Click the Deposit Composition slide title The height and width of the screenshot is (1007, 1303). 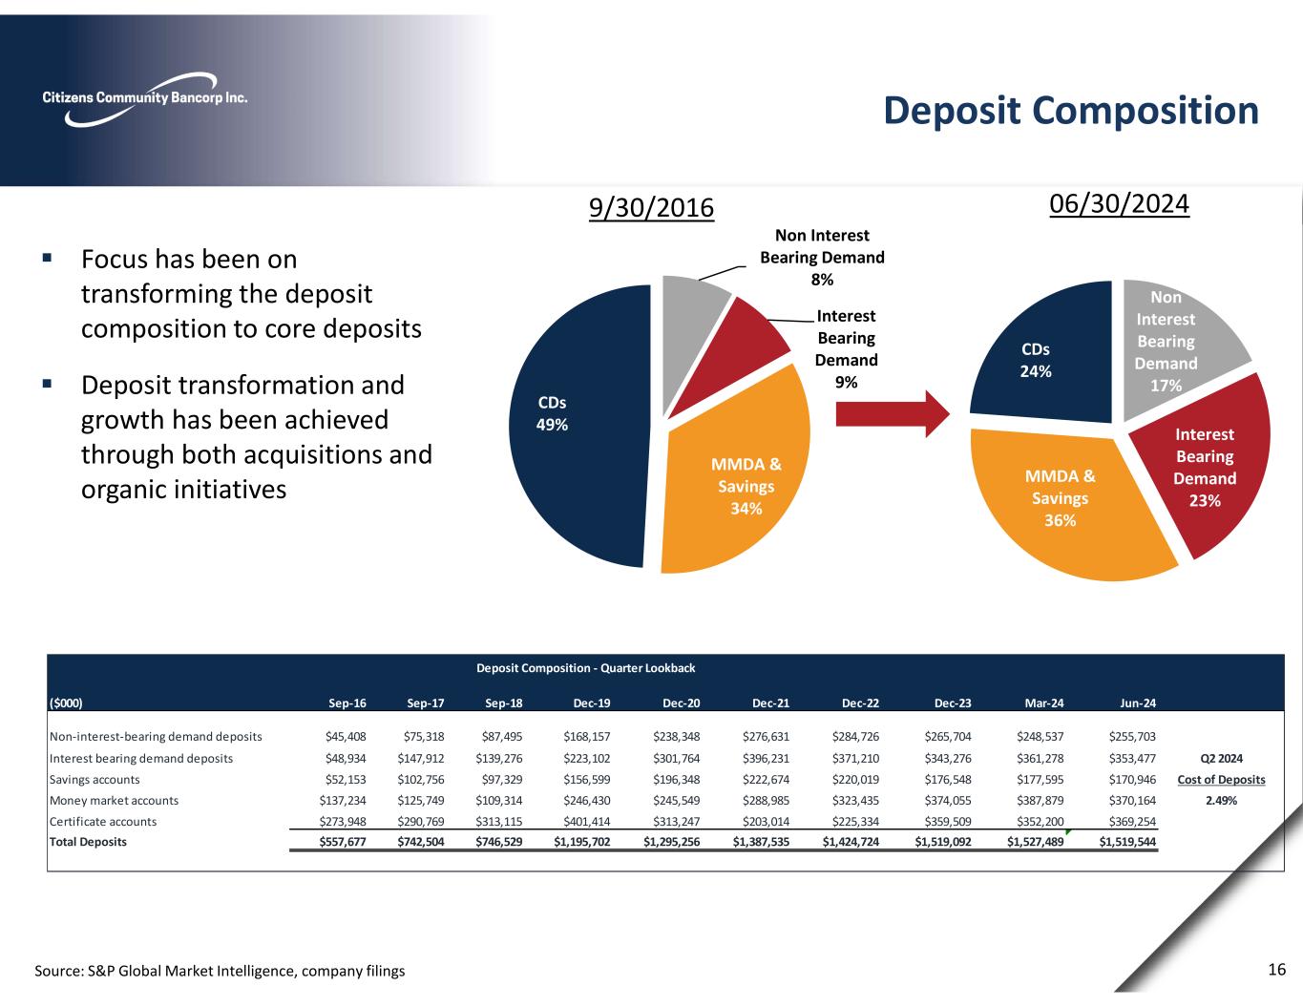1070,111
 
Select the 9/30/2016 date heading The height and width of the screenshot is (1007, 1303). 651,207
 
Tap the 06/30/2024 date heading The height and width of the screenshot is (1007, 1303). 1119,204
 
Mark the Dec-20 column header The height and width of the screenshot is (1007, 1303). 681,703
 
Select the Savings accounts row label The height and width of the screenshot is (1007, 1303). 95,780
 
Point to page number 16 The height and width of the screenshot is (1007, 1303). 1277,970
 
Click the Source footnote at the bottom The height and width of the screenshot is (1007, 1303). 220,971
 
